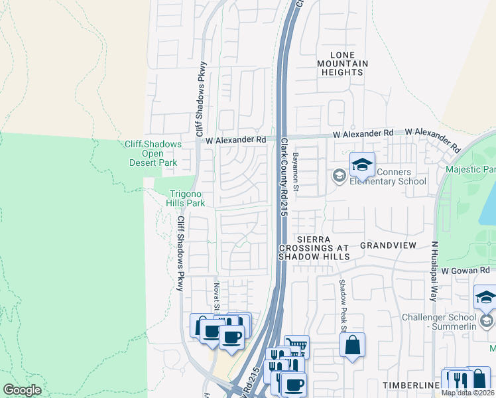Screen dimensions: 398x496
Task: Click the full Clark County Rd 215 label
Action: (x=283, y=177)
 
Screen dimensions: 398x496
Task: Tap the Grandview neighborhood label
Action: (x=388, y=245)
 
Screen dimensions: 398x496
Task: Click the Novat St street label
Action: (x=216, y=296)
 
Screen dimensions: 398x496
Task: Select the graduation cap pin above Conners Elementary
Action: (x=362, y=165)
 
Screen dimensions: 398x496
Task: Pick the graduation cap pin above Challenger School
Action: (x=486, y=298)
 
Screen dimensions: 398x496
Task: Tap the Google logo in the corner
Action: (x=22, y=390)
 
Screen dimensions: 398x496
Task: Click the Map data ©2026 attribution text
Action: (x=468, y=393)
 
